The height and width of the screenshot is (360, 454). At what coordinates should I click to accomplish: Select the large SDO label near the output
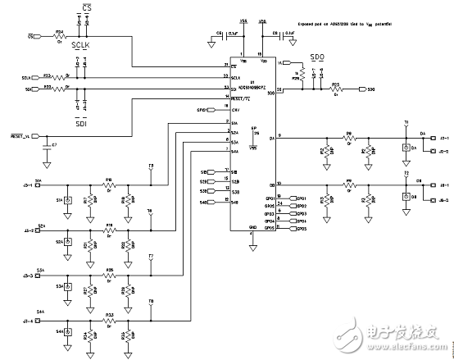(318, 59)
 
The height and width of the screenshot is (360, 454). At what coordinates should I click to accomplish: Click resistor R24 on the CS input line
(60, 37)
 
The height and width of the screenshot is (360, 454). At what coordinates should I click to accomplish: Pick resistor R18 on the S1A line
(109, 180)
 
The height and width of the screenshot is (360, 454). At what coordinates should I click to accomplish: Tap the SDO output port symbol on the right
(367, 89)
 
